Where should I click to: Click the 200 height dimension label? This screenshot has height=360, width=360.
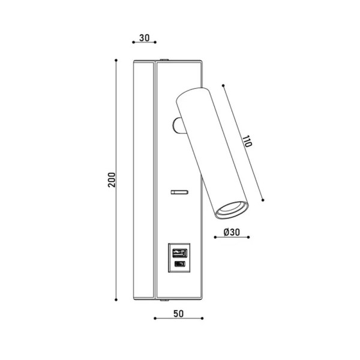click(111, 179)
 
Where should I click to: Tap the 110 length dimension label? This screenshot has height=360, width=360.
click(246, 142)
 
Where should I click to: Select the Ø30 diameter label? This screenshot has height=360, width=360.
click(231, 232)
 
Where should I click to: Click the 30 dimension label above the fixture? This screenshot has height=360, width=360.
click(143, 37)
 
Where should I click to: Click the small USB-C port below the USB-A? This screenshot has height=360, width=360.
click(178, 265)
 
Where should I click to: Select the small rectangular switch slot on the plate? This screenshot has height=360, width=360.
click(178, 192)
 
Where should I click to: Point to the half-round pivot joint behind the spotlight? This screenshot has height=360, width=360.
click(177, 124)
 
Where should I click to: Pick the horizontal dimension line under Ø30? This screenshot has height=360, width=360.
click(231, 239)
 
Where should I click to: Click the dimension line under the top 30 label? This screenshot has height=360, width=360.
click(143, 43)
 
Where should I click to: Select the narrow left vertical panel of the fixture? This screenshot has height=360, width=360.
click(143, 179)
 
